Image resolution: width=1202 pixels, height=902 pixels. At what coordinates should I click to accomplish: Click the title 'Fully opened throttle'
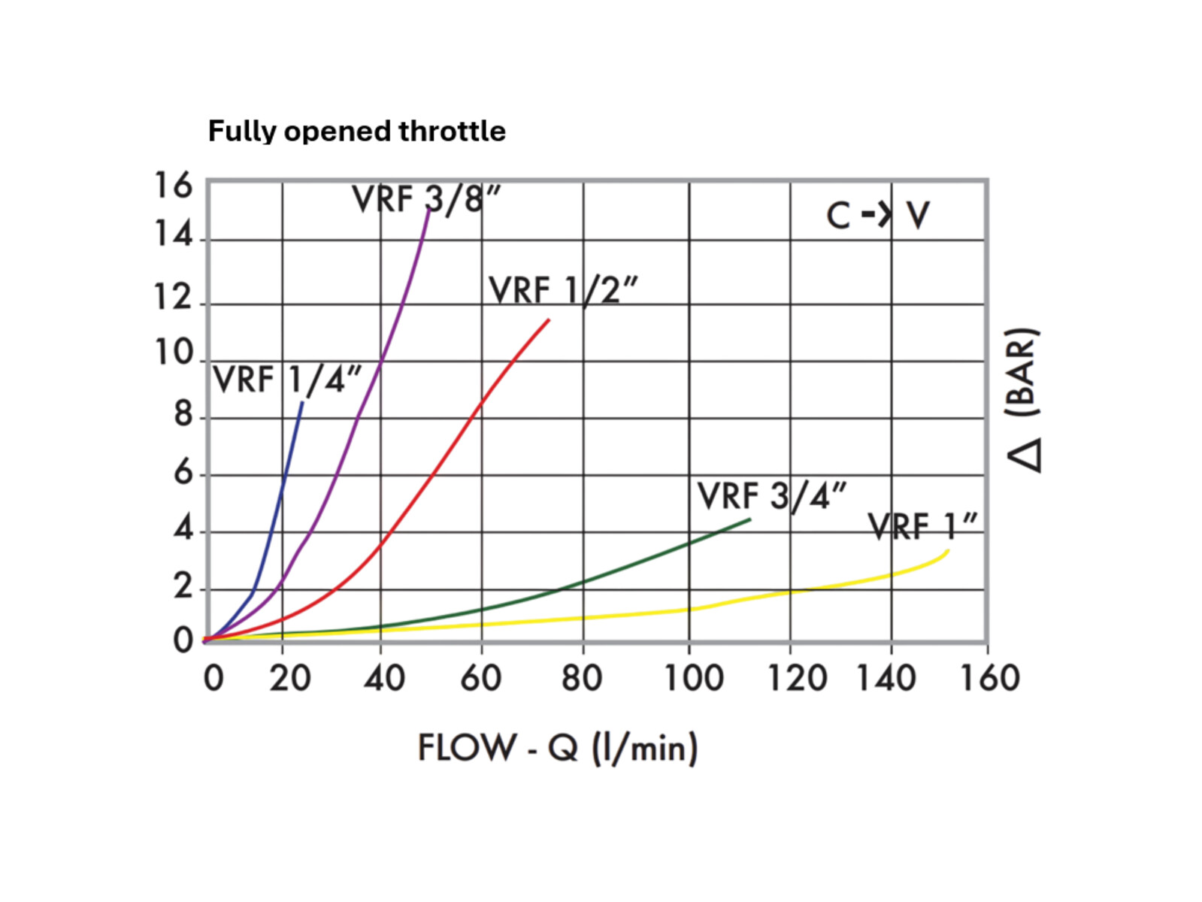pyautogui.click(x=356, y=131)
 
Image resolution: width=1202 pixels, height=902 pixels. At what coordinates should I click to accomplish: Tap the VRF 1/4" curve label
pyautogui.click(x=287, y=380)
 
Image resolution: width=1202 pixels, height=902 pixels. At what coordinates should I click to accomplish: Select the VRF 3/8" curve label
pyautogui.click(x=426, y=200)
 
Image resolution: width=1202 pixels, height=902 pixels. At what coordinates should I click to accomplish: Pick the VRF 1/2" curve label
pyautogui.click(x=563, y=291)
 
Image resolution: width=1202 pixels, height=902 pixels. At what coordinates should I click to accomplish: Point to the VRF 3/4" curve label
pyautogui.click(x=771, y=496)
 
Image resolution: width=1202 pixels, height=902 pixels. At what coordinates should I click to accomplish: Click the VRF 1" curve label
pyautogui.click(x=922, y=526)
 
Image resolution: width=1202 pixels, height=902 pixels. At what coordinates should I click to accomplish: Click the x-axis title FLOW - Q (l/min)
pyautogui.click(x=558, y=748)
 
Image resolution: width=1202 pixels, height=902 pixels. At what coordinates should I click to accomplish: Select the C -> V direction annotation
pyautogui.click(x=877, y=216)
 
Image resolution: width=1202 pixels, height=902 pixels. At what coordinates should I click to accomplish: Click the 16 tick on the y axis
pyautogui.click(x=174, y=186)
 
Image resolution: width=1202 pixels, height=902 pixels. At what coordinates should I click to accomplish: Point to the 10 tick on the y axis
pyautogui.click(x=174, y=353)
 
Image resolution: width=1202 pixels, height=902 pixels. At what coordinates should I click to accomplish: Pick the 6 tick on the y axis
pyautogui.click(x=183, y=473)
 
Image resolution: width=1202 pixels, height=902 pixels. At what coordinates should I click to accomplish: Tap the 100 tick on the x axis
pyautogui.click(x=693, y=679)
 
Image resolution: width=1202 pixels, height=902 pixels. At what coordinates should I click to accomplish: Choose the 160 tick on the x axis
pyautogui.click(x=989, y=679)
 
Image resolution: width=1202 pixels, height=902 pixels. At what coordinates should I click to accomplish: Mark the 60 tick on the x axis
pyautogui.click(x=480, y=679)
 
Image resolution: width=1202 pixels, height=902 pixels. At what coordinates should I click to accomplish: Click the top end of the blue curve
pyautogui.click(x=302, y=403)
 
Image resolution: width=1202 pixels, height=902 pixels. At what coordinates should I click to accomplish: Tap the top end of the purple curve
pyautogui.click(x=429, y=208)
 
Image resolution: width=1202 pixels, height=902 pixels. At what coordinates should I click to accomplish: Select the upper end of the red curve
pyautogui.click(x=549, y=320)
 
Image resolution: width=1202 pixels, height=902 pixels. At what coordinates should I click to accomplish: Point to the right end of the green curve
pyautogui.click(x=749, y=519)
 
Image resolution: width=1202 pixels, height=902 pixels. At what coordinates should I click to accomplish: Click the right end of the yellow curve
pyautogui.click(x=948, y=551)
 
